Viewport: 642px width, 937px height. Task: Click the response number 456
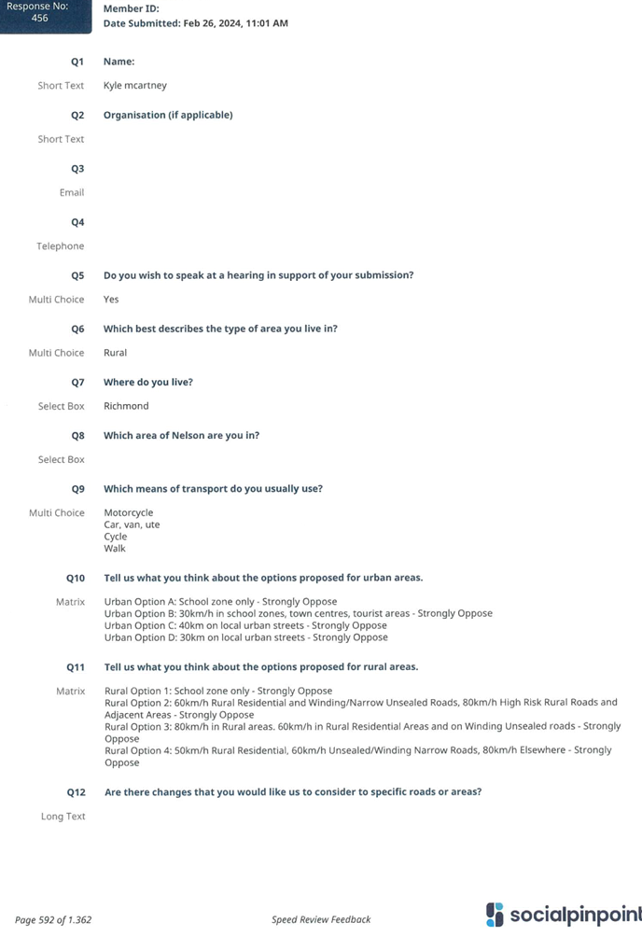pyautogui.click(x=39, y=18)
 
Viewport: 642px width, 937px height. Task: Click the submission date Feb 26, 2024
pyautogui.click(x=214, y=23)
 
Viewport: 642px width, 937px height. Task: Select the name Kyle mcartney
pyautogui.click(x=135, y=86)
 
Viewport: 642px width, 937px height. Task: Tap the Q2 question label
pyautogui.click(x=77, y=116)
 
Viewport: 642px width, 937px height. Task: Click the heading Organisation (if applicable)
pyautogui.click(x=168, y=115)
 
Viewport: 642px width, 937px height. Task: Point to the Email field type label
pyautogui.click(x=72, y=192)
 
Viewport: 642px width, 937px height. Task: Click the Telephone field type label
pyautogui.click(x=61, y=246)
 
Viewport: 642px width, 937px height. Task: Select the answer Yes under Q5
pyautogui.click(x=111, y=300)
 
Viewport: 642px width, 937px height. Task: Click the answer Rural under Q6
pyautogui.click(x=116, y=353)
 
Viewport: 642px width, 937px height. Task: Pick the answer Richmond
pyautogui.click(x=126, y=406)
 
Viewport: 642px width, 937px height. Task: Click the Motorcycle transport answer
pyautogui.click(x=129, y=512)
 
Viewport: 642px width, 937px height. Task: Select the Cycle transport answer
pyautogui.click(x=116, y=537)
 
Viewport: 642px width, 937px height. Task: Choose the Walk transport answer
pyautogui.click(x=115, y=549)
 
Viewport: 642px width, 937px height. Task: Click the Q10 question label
pyautogui.click(x=76, y=579)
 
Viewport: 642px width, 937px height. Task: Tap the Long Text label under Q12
pyautogui.click(x=63, y=817)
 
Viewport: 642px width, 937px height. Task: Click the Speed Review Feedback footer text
pyautogui.click(x=321, y=919)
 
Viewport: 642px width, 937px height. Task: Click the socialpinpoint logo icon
pyautogui.click(x=495, y=915)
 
